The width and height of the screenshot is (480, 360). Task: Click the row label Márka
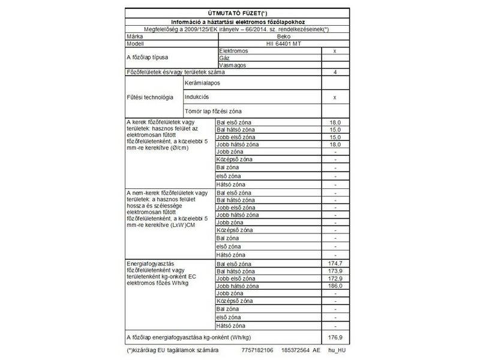coord(134,37)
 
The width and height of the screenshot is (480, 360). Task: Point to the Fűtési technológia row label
coord(150,97)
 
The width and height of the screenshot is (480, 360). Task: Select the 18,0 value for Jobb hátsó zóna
coord(335,145)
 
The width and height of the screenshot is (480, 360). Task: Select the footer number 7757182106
coord(256,349)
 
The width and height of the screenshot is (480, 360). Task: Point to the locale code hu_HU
coord(337,349)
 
